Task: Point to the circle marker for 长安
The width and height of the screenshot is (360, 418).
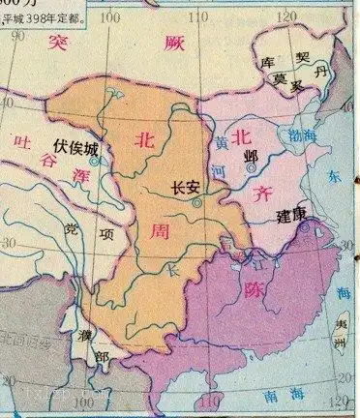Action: click(197, 204)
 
